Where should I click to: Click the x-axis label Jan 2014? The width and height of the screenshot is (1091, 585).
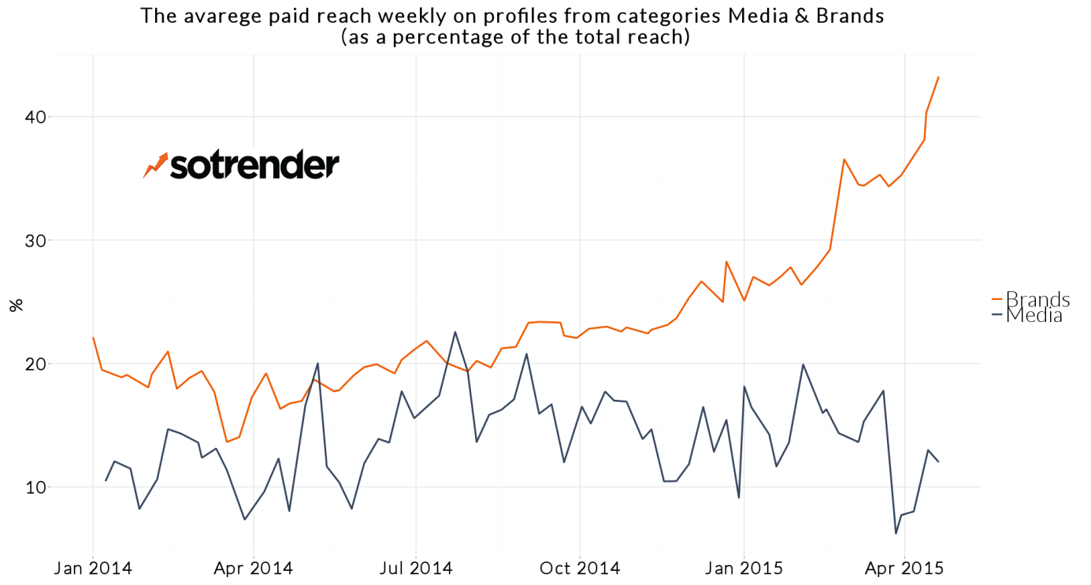click(93, 568)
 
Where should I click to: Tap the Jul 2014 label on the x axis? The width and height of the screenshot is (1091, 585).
click(417, 568)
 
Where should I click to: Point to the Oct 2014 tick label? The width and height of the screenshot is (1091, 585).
click(580, 568)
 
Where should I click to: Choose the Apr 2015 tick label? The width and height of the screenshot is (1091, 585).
click(904, 568)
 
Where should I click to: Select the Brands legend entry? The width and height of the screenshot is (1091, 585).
click(1037, 299)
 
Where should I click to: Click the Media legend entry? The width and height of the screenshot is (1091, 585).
click(1034, 316)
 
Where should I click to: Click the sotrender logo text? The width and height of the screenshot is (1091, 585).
click(254, 165)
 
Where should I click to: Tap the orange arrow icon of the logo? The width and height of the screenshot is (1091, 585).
click(156, 165)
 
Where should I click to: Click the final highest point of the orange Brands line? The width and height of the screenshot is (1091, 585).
click(938, 77)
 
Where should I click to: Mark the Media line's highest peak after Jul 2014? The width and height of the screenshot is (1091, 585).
click(455, 331)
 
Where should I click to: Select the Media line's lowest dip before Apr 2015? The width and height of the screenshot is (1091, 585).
click(896, 534)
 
